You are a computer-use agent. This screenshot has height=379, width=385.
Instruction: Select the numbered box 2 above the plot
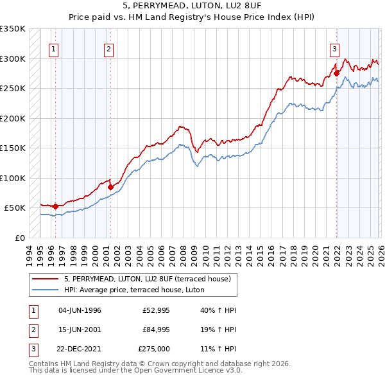[x=109, y=48]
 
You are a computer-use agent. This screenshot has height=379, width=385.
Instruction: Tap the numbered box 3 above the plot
[x=335, y=48]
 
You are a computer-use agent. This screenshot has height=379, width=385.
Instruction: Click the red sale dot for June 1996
[x=56, y=206]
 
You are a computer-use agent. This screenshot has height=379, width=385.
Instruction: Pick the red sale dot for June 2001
[x=110, y=187]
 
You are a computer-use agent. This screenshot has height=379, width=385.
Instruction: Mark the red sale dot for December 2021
[x=336, y=73]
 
